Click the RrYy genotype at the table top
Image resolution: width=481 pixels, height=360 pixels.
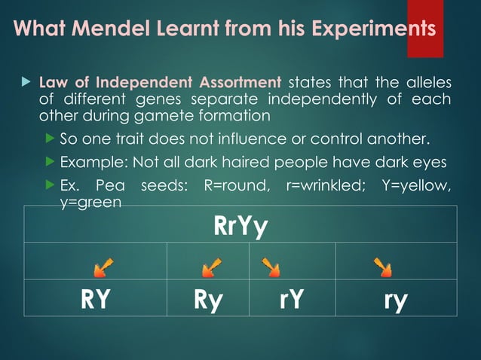[x=240, y=224]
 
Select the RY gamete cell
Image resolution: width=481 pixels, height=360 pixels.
[x=96, y=299]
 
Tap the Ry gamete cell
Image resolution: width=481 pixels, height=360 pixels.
[x=207, y=299]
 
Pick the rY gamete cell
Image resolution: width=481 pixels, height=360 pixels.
[x=290, y=299]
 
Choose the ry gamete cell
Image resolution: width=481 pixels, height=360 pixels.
[x=395, y=299]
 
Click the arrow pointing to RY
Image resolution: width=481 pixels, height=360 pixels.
[x=103, y=265]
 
